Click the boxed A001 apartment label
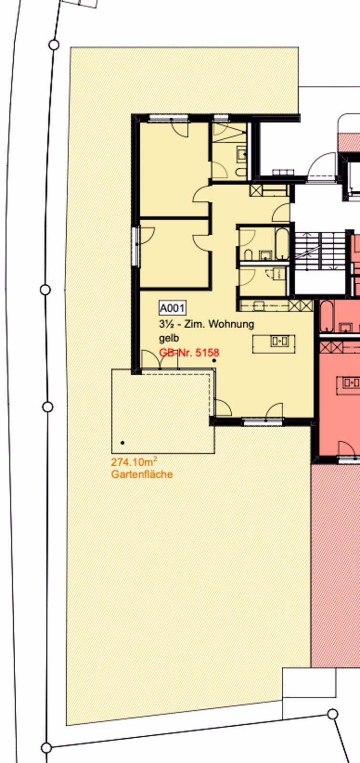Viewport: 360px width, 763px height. tap(172, 308)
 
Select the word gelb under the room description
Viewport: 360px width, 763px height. tap(169, 338)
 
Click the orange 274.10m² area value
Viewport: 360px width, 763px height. tap(134, 462)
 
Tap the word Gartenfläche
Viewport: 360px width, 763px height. tap(142, 474)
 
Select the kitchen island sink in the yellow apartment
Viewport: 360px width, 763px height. tap(279, 341)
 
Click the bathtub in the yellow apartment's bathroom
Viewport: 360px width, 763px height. tap(282, 243)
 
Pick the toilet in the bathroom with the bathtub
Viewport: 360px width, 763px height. tap(248, 255)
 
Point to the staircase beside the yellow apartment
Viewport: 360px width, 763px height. tap(320, 251)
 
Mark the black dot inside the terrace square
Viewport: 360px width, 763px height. tap(123, 443)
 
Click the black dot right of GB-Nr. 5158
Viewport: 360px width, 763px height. tap(214, 361)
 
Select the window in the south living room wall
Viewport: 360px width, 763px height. tap(263, 423)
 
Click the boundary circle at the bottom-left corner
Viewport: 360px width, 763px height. tap(47, 748)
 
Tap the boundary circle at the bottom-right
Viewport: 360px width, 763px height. tap(333, 714)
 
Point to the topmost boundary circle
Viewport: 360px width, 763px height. tap(54, 45)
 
